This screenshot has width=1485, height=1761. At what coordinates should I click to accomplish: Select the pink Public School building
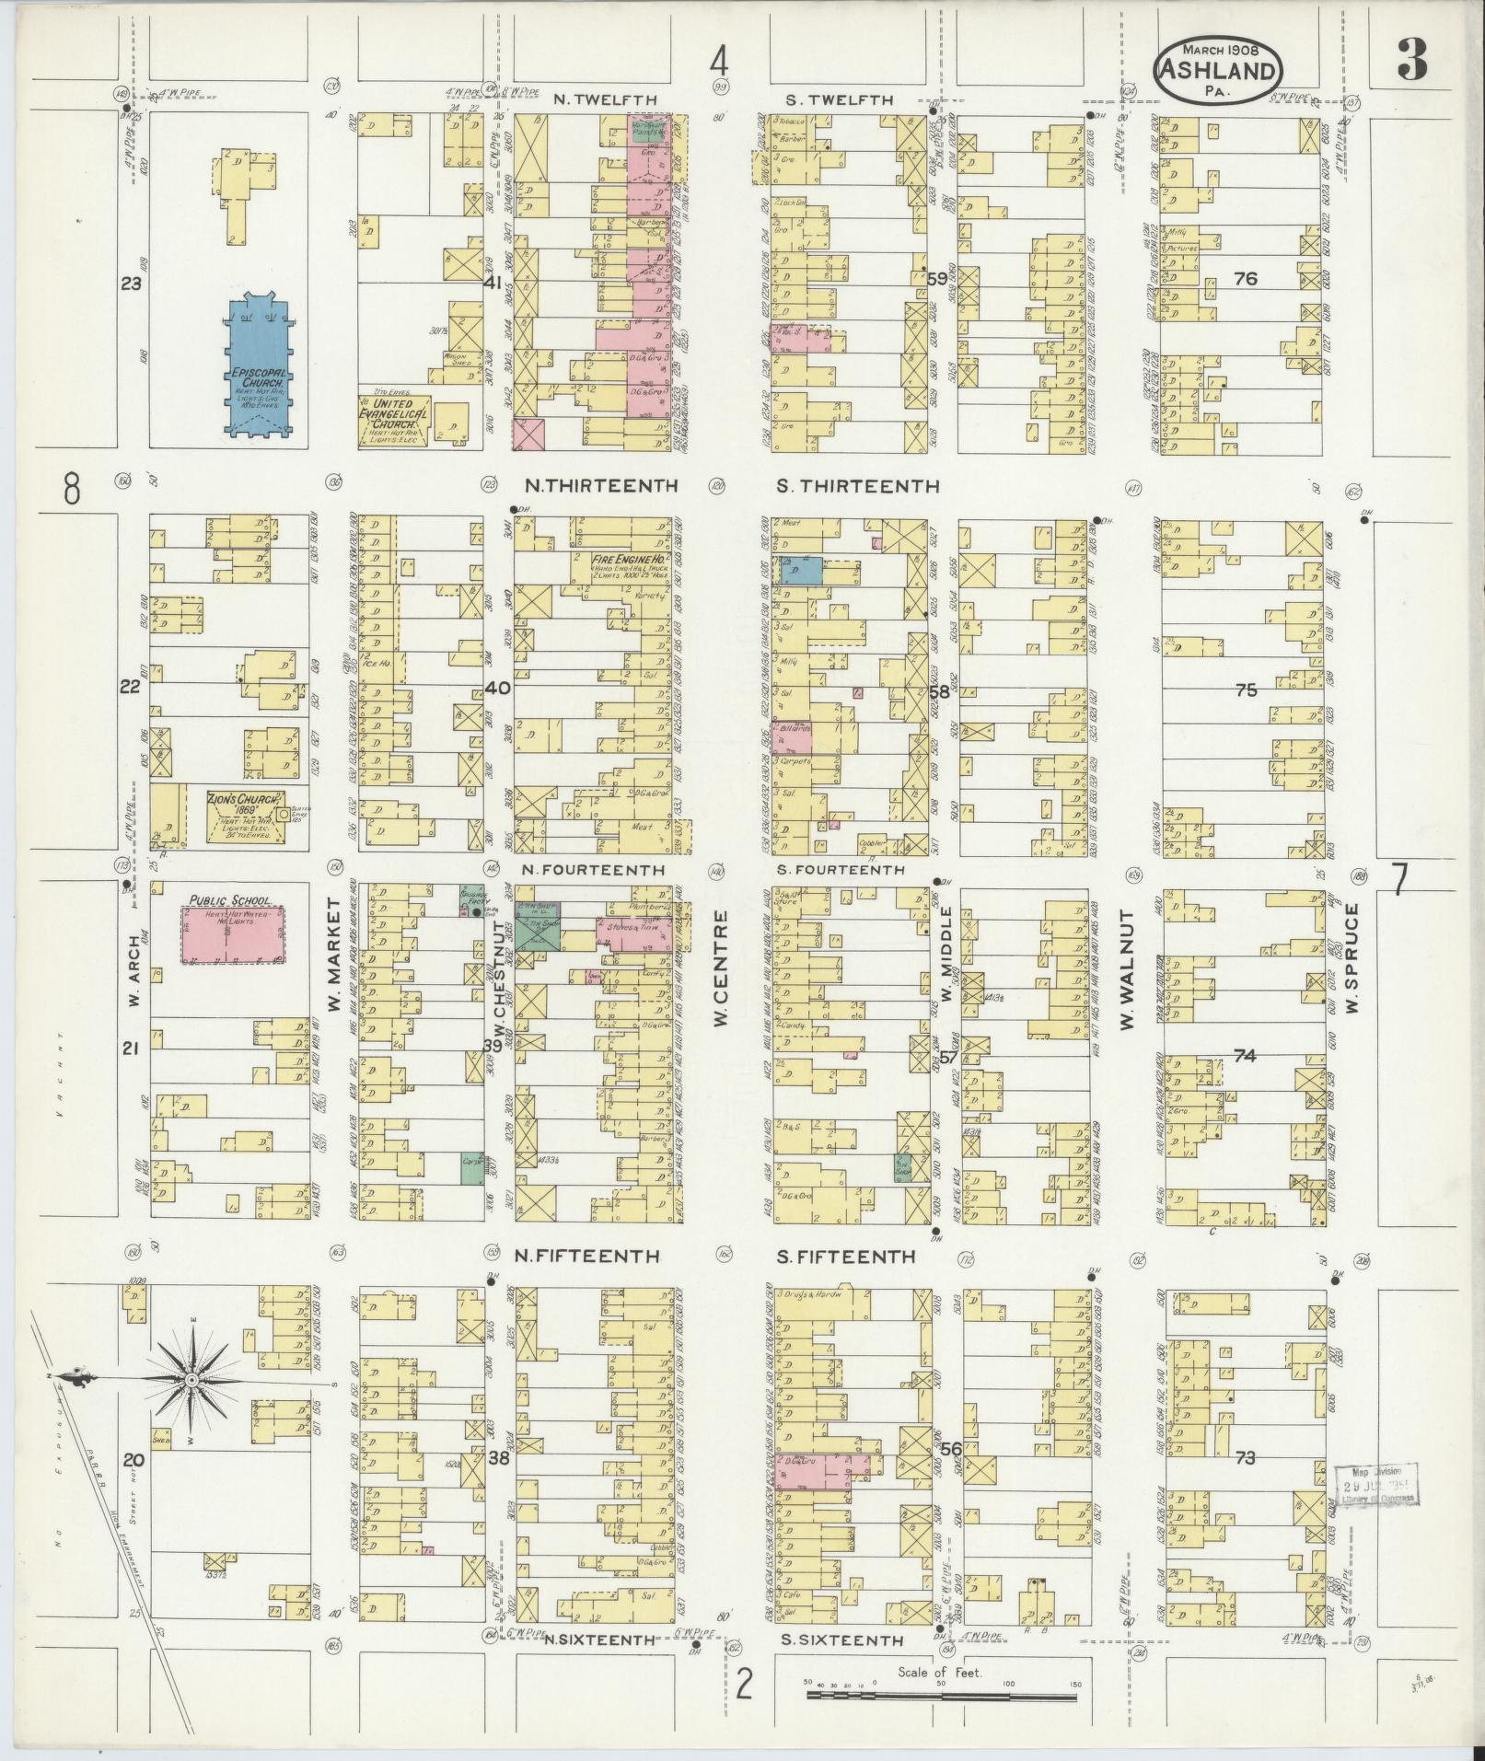click(233, 935)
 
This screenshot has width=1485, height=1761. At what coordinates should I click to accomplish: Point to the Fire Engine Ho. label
click(630, 560)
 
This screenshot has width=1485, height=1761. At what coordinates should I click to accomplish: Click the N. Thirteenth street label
click(601, 486)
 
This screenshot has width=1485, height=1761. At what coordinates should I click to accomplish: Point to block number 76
click(1245, 279)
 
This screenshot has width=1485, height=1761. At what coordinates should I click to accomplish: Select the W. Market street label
click(332, 955)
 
